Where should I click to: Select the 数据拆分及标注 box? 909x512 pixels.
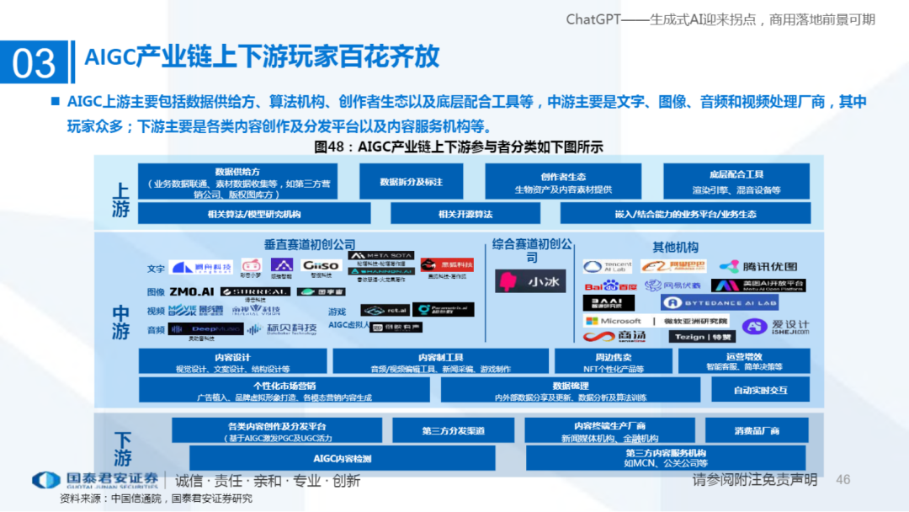pos(411,182)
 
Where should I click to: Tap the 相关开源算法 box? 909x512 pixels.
pos(465,214)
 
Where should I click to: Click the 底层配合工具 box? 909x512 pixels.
pos(736,182)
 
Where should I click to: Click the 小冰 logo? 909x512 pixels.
pos(530,281)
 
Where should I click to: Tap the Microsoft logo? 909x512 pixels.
pos(613,321)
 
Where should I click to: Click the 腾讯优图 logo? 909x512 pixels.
pos(757,266)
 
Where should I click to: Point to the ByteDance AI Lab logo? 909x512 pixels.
pos(719,302)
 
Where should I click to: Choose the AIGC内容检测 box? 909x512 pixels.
pos(342,459)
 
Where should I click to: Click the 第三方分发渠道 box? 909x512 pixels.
pos(453,430)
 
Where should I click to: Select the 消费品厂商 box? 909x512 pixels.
pos(757,430)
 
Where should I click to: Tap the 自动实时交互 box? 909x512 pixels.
pos(760,390)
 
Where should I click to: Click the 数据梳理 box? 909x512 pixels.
pos(570,390)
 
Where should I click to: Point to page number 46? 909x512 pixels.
pos(843,479)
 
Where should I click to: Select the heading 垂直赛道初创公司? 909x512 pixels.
pos(310,245)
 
